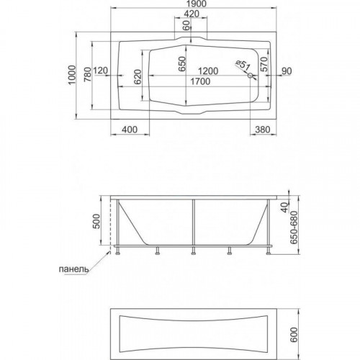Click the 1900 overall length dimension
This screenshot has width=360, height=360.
coord(197,4)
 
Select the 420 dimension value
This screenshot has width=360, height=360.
coord(192,14)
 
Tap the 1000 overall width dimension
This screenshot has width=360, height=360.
coord(72,75)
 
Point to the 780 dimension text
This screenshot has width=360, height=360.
coord(88,75)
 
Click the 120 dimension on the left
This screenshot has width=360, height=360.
coord(100,71)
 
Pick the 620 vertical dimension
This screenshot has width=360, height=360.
coord(138,76)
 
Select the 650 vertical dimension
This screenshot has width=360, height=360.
coord(182,63)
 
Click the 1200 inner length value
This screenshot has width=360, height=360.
coord(208,71)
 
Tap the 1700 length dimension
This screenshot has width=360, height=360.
coord(200,81)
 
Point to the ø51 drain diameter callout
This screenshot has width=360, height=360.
coord(243,65)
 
